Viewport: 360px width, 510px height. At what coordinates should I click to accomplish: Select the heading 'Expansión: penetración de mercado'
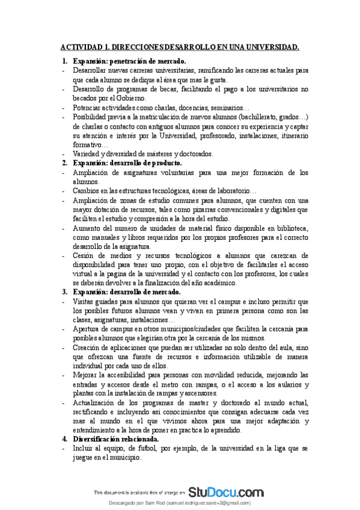click(x=129, y=61)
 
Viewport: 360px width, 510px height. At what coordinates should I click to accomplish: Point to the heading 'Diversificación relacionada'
click(x=115, y=438)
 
